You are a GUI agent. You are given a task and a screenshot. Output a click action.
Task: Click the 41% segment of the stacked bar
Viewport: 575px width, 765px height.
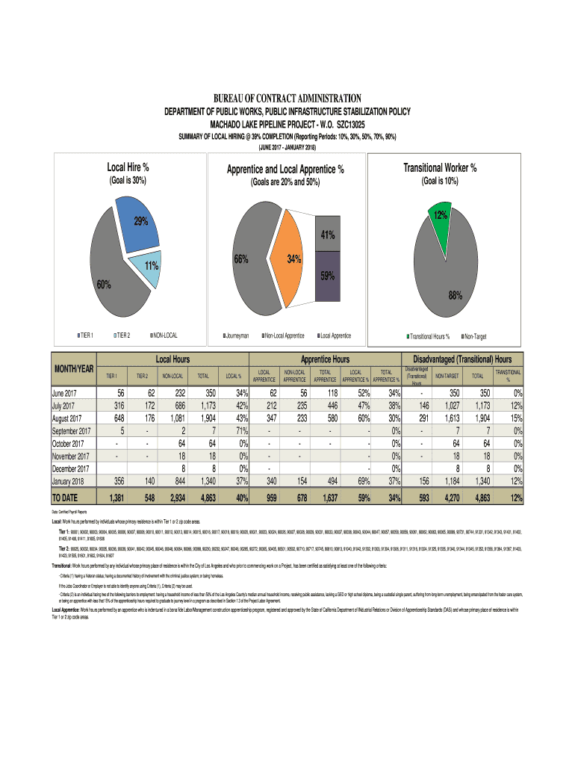coord(327,236)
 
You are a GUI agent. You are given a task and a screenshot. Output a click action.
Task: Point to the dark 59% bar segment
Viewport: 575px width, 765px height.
coord(327,276)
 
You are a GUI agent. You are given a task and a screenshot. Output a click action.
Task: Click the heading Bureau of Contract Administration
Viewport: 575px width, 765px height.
coord(287,99)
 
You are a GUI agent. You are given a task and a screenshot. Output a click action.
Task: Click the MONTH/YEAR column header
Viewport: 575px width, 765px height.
coord(73,369)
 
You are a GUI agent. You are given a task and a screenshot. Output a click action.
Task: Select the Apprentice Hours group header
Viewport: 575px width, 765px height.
coord(325,359)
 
